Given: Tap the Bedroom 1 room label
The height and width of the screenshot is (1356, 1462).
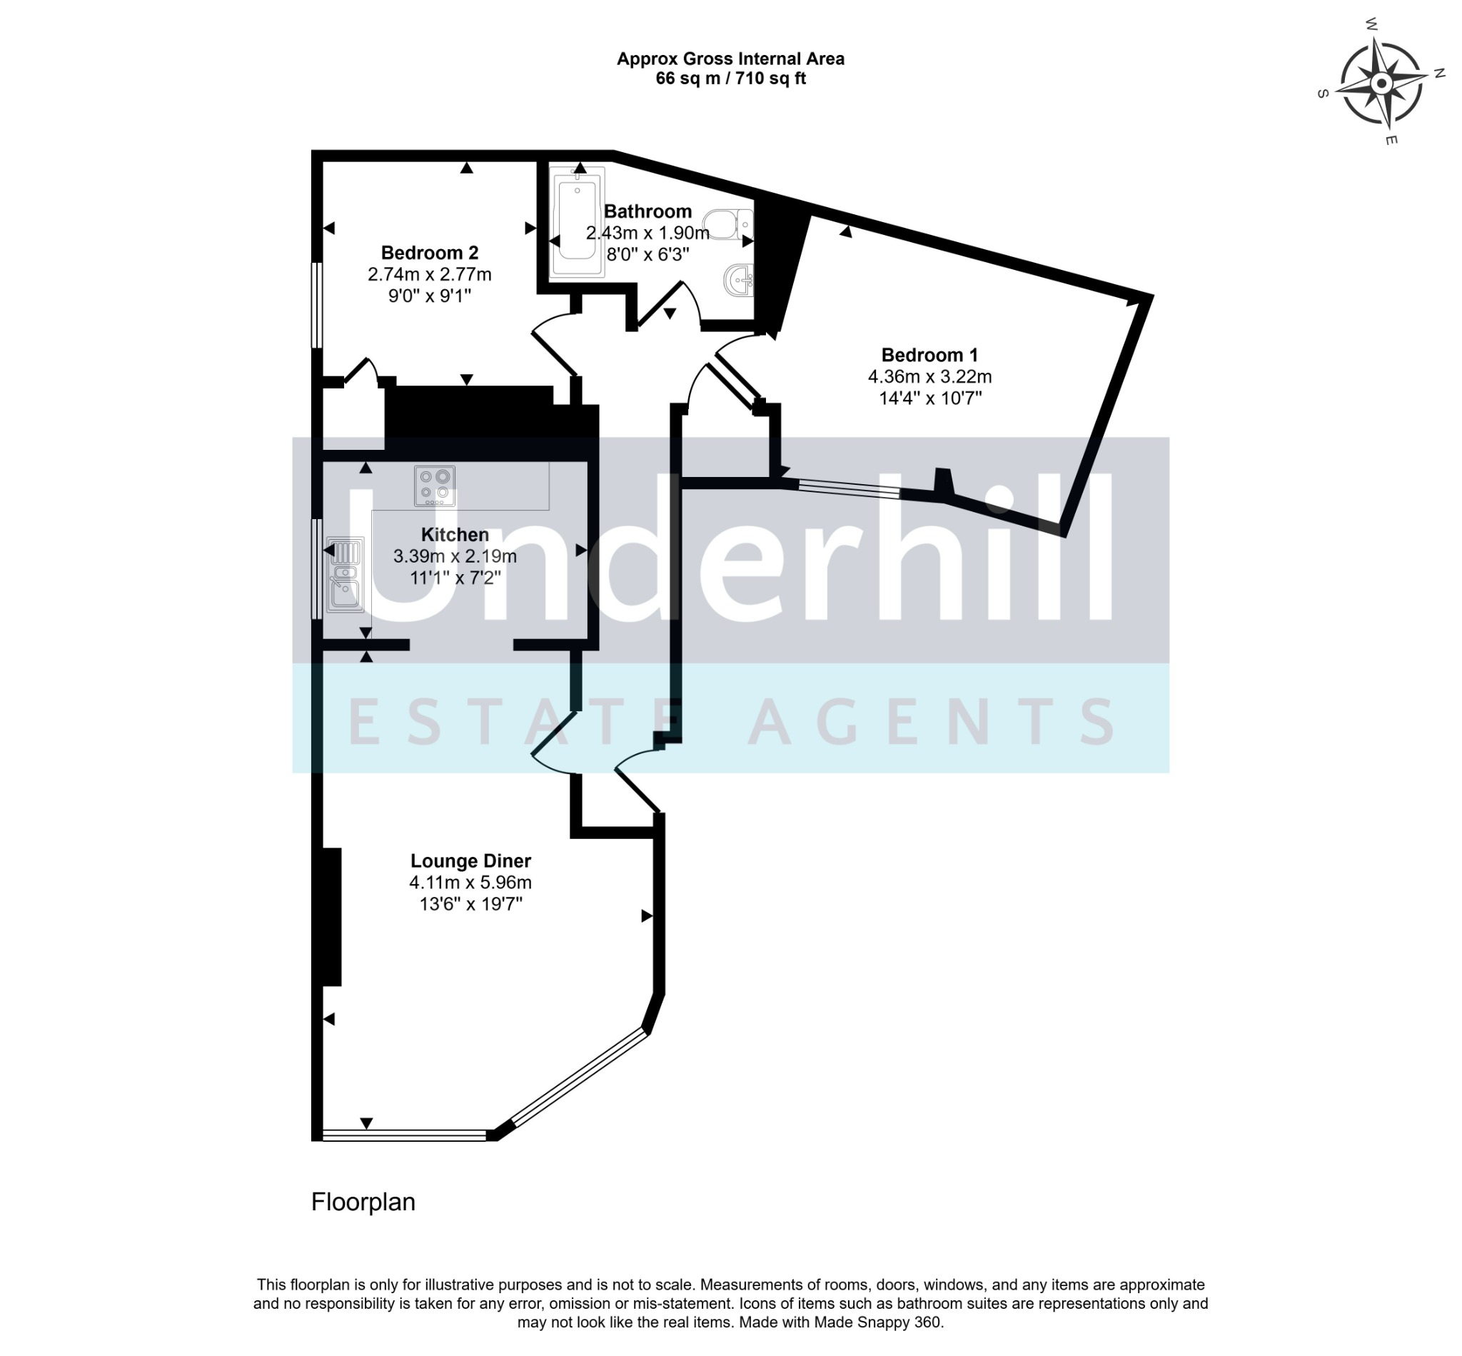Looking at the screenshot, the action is pos(929,355).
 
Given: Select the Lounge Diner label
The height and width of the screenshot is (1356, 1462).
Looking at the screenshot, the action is pos(470,860).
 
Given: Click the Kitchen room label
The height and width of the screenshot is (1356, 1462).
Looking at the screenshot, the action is pos(455,535).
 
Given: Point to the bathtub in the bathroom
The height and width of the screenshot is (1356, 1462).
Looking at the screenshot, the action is pos(578,222).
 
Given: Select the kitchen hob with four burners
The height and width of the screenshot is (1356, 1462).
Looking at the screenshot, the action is pos(434,486).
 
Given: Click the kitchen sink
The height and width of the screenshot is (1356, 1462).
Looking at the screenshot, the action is pos(345,575).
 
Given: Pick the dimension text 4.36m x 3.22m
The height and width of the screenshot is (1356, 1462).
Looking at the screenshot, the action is pos(929,377).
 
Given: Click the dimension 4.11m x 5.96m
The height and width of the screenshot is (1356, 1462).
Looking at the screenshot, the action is pos(470,883).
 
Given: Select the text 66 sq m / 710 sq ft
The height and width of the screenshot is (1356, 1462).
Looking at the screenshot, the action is pos(730,79).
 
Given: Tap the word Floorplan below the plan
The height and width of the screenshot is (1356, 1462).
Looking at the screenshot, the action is pos(363,1202).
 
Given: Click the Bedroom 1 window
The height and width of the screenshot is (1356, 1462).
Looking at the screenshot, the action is pos(849,488).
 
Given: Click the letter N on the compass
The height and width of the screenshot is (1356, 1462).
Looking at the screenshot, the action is pos(1439,73).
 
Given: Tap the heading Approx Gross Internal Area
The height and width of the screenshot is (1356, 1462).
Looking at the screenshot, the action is pos(730,59).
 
